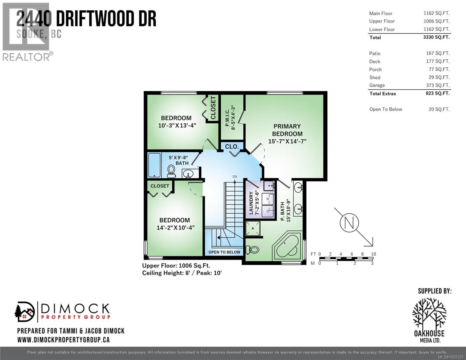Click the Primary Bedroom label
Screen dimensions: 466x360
click(x=287, y=130)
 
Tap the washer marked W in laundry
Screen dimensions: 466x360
click(x=268, y=199)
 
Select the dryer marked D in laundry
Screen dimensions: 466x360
click(x=268, y=211)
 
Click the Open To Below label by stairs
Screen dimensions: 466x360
click(x=224, y=252)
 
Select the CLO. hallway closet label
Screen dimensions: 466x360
click(x=232, y=147)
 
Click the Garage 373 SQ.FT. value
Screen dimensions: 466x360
click(x=438, y=85)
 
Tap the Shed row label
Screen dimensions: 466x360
click(x=375, y=77)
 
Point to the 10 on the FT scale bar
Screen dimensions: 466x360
click(x=373, y=254)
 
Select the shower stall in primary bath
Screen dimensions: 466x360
click(x=253, y=228)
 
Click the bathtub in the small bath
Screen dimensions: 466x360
click(x=154, y=165)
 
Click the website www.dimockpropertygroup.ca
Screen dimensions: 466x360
click(x=63, y=340)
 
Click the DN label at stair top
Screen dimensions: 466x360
click(x=235, y=177)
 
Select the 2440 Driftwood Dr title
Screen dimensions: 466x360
click(x=86, y=19)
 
